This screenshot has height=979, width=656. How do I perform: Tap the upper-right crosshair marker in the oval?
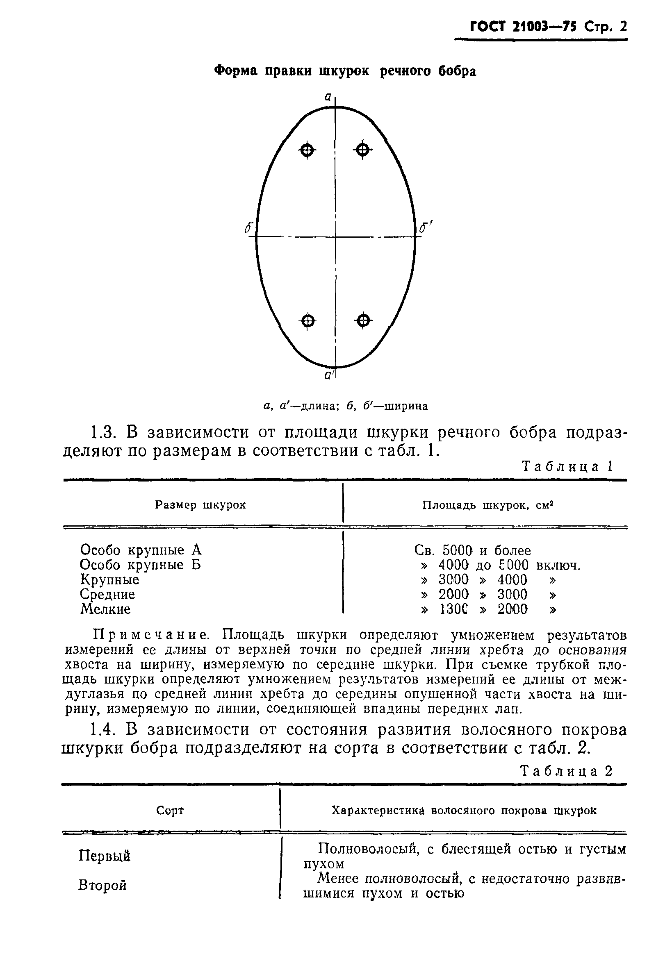tap(363, 149)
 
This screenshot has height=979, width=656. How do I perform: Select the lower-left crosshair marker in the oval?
tap(308, 321)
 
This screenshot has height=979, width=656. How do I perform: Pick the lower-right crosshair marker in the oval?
tap(364, 321)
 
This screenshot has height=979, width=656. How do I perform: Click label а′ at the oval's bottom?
tap(329, 375)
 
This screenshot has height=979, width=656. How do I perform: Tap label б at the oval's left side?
tap(248, 228)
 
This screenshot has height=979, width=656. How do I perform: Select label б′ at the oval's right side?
tap(426, 228)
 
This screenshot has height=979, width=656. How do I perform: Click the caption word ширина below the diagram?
tap(405, 406)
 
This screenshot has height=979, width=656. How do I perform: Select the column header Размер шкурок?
tap(200, 505)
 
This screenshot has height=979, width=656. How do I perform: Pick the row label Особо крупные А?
tap(141, 550)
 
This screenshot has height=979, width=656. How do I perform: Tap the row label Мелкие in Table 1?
tap(105, 609)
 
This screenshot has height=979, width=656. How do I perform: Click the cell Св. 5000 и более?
tap(472, 550)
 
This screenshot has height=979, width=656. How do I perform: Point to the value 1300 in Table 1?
tap(453, 609)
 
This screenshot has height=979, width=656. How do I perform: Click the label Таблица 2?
tap(567, 771)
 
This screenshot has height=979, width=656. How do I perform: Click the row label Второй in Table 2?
tap(102, 885)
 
